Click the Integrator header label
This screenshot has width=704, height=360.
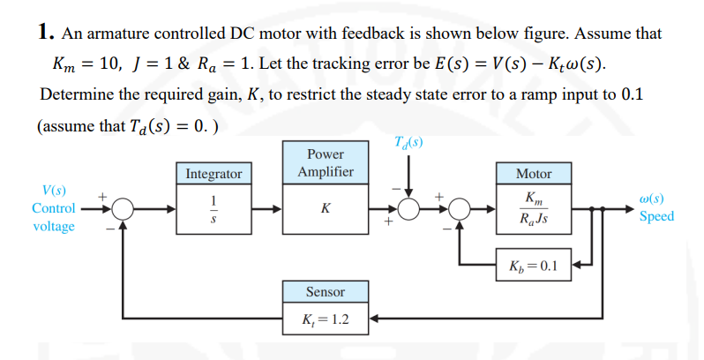(x=213, y=174)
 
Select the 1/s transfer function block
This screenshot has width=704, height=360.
(x=213, y=209)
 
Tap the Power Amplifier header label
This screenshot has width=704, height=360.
(x=326, y=162)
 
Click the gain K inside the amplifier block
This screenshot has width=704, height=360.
(x=326, y=208)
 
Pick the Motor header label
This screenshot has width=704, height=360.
(x=534, y=174)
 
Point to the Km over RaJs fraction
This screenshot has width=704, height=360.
(x=534, y=209)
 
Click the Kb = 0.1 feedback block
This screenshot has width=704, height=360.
(x=534, y=265)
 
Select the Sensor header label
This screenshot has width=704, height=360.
(x=326, y=292)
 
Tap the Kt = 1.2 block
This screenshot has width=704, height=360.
(x=326, y=319)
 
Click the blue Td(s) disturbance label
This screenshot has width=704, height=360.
(x=408, y=143)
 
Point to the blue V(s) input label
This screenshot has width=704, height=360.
(x=54, y=191)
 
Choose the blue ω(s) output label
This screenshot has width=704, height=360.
(x=651, y=199)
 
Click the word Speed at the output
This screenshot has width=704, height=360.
(x=657, y=216)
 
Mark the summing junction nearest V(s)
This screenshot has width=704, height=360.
(x=122, y=209)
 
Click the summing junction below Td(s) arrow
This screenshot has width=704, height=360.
(x=408, y=209)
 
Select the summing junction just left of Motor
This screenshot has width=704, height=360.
(x=459, y=209)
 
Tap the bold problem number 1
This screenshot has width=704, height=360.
(x=43, y=32)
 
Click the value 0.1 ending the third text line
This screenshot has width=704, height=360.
(x=633, y=94)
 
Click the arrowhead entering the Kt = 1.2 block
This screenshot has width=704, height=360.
(x=373, y=319)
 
